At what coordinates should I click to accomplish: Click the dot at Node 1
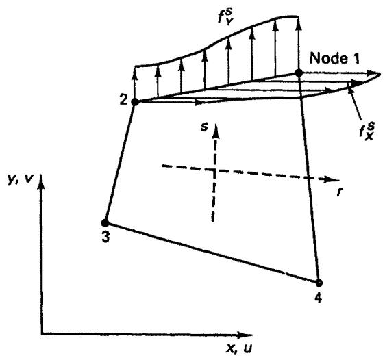(299, 73)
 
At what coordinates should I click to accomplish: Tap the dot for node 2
(135, 101)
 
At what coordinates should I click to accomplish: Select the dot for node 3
(105, 222)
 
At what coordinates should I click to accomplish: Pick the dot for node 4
(319, 283)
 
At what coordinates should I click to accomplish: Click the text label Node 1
(334, 59)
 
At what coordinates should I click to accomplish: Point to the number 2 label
(123, 100)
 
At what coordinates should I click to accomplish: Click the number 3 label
(105, 237)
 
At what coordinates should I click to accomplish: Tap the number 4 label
(319, 298)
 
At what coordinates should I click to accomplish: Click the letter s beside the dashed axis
(204, 127)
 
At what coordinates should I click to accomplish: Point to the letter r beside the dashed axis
(339, 192)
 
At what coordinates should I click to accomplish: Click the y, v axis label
(20, 180)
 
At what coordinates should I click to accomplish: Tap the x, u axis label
(238, 348)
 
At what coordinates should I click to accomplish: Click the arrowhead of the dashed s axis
(215, 130)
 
